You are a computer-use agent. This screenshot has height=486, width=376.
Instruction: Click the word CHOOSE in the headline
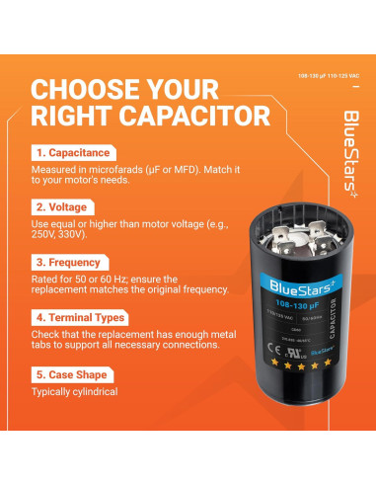pos(82,88)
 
